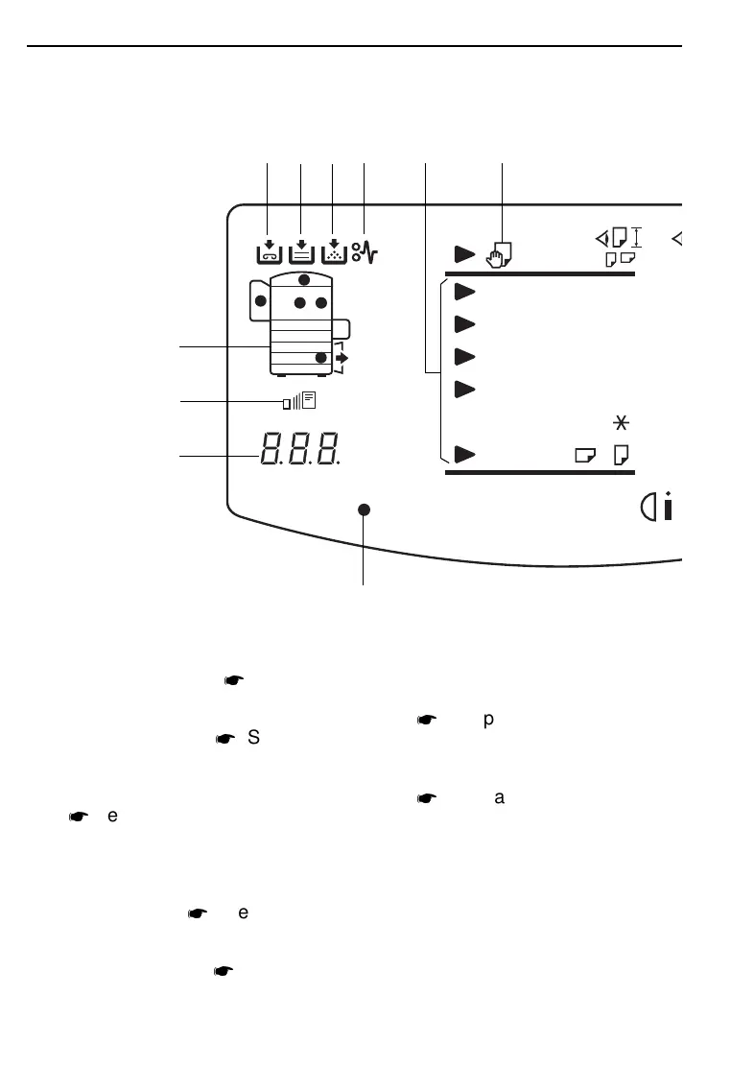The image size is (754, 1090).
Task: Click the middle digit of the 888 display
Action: point(299,449)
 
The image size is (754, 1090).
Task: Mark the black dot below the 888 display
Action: point(365,509)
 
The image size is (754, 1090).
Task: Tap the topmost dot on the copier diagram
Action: point(304,280)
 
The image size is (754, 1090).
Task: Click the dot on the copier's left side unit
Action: point(259,301)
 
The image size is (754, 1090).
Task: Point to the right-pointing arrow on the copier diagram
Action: point(342,358)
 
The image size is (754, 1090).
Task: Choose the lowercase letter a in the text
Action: point(498,796)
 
